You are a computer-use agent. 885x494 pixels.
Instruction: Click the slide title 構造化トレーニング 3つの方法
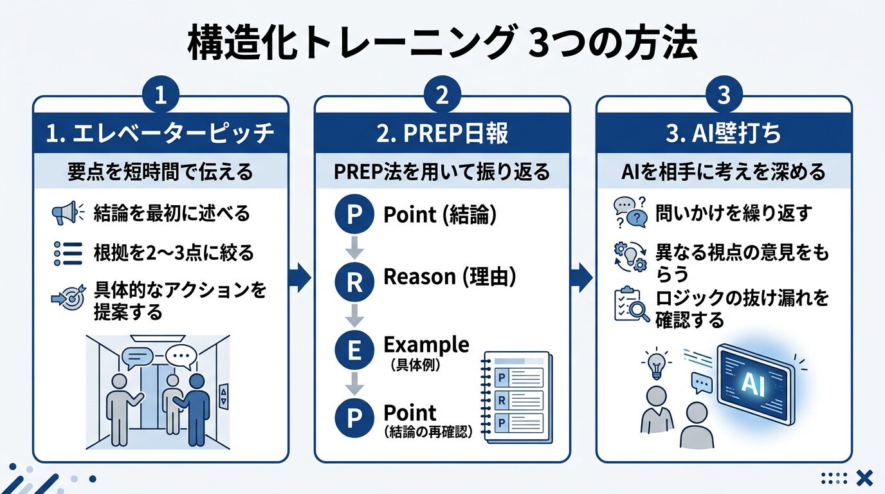click(442, 44)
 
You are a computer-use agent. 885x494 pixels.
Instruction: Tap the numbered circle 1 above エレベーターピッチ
click(160, 96)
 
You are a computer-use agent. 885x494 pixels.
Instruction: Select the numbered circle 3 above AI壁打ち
click(724, 96)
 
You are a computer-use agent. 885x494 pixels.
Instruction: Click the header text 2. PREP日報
click(442, 133)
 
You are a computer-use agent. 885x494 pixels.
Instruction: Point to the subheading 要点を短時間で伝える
click(160, 172)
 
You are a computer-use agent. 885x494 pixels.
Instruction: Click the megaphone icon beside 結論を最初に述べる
click(67, 213)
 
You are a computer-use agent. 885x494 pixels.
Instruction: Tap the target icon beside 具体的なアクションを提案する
click(67, 298)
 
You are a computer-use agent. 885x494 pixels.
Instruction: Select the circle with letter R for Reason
click(354, 282)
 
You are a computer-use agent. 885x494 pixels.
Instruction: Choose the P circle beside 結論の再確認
click(354, 418)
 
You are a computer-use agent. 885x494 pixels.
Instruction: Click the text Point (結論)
click(440, 215)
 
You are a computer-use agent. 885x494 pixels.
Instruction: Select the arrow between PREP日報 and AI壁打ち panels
click(583, 278)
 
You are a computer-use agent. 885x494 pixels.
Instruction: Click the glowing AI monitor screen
click(753, 383)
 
